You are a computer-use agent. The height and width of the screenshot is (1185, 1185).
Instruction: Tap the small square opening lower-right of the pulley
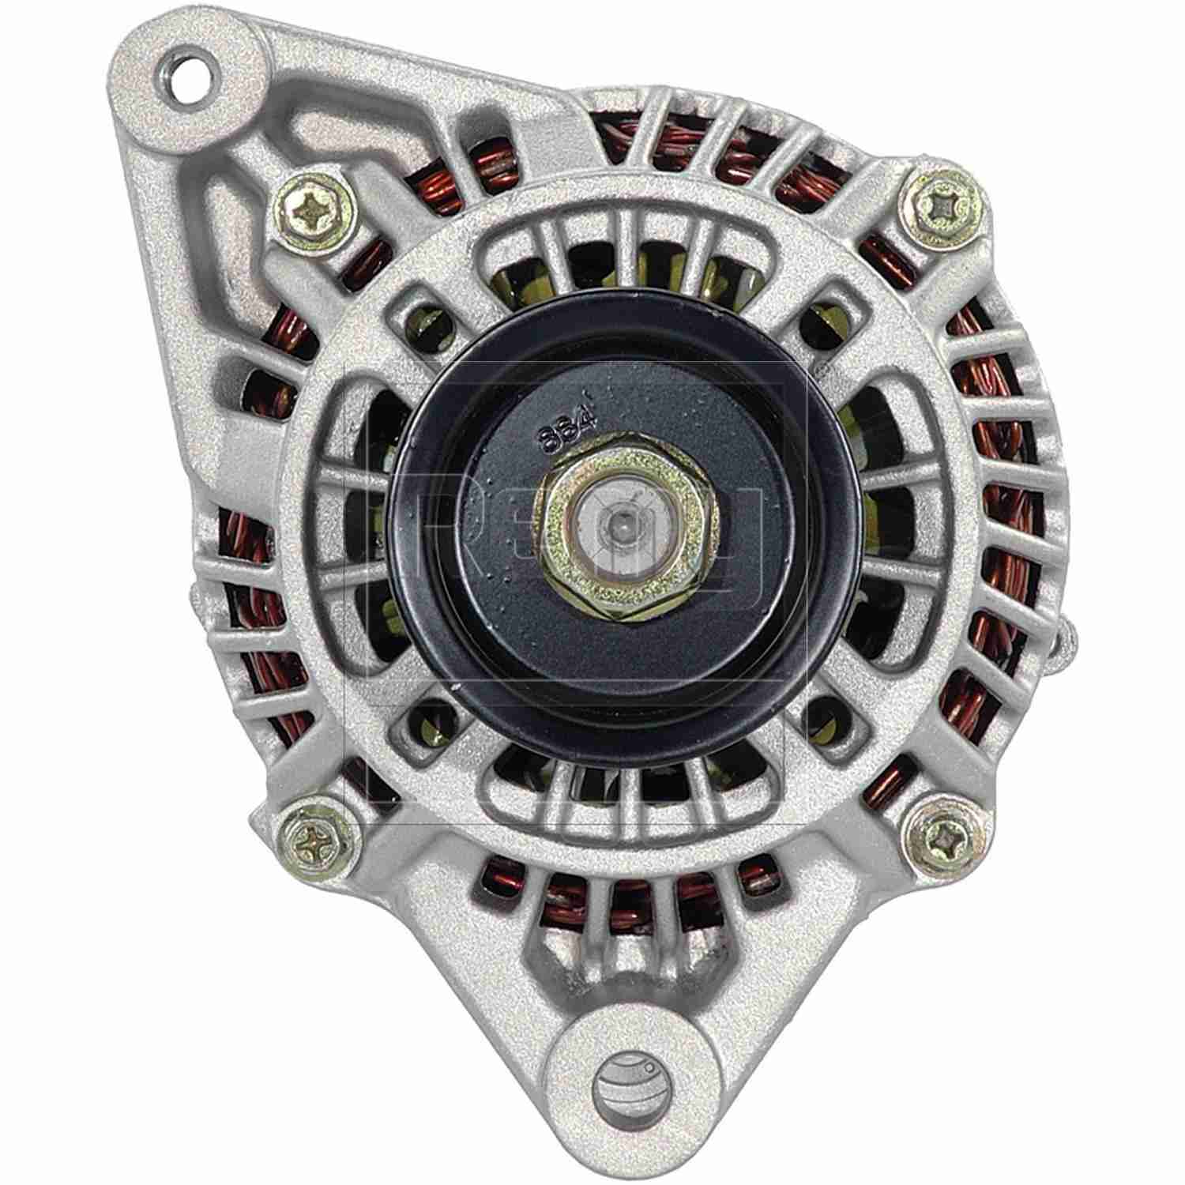(824, 715)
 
